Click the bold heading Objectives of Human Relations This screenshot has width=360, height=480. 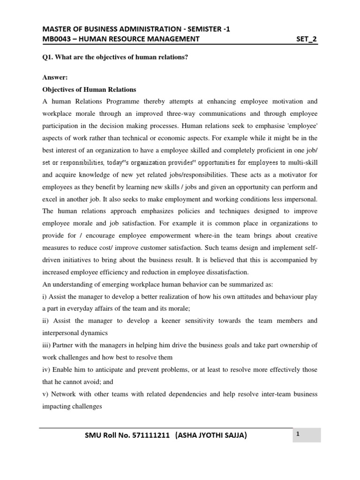click(x=89, y=89)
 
